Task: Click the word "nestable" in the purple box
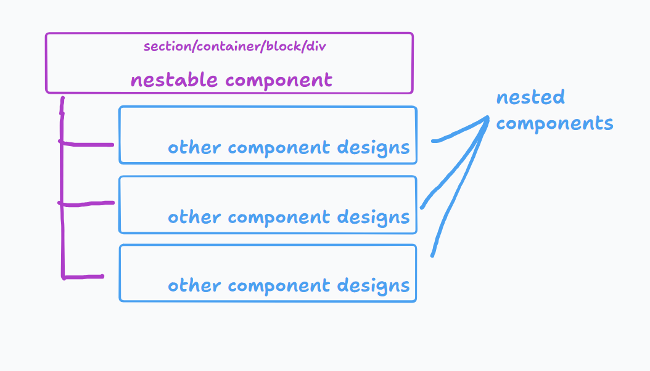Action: [x=174, y=79]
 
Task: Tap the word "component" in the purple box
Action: [x=279, y=80]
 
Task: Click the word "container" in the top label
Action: [x=228, y=46]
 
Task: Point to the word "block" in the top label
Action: [x=283, y=46]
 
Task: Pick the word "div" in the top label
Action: [x=316, y=46]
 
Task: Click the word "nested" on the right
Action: [x=530, y=97]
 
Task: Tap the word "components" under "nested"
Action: [x=554, y=124]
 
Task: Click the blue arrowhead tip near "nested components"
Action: [x=488, y=117]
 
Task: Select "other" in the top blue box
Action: [x=194, y=147]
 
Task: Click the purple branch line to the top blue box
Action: [x=86, y=144]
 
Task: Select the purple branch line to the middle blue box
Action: [x=86, y=204]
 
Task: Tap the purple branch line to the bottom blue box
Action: [x=83, y=277]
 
